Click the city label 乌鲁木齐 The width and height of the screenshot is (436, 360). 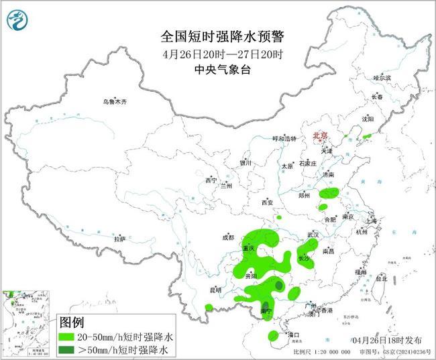pos(115,102)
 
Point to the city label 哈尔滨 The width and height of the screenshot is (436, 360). pos(381,78)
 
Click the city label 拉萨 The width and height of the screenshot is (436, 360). pos(119,239)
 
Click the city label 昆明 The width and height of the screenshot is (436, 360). pos(215,290)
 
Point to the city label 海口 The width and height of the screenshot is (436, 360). pos(292,334)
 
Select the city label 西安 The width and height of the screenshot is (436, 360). pos(268,202)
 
